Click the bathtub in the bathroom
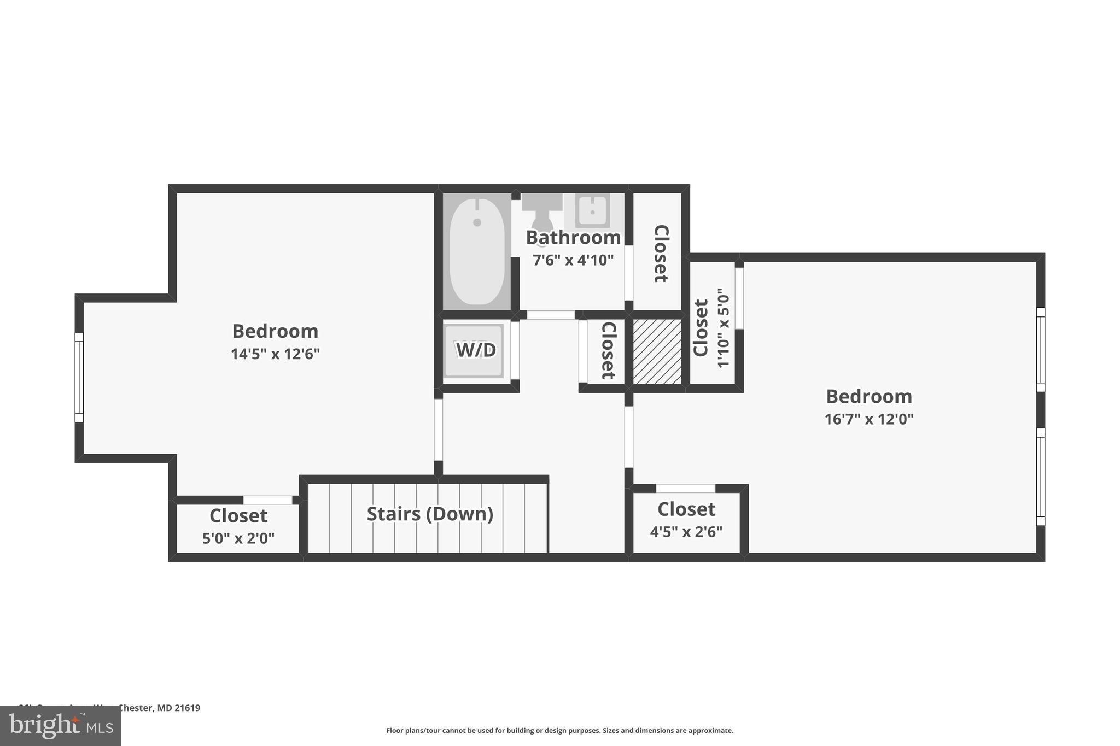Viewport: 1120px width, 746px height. coord(477,251)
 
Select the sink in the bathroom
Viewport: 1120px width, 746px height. coord(593,210)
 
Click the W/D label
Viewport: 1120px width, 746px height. coord(475,350)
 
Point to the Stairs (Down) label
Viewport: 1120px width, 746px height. coord(430,514)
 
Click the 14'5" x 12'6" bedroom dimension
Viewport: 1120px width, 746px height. coord(275,354)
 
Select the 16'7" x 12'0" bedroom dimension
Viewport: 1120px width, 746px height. coord(869,419)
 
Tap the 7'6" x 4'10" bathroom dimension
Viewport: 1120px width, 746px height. coord(573,260)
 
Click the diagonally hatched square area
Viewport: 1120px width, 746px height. coord(657,351)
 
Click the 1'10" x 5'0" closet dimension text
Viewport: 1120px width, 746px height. coord(723,328)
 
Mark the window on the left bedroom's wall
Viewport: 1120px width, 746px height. coord(79,377)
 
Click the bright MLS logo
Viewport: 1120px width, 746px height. coord(61,726)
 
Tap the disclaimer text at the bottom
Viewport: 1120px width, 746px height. coord(559,731)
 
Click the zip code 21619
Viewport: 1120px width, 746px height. coord(187,708)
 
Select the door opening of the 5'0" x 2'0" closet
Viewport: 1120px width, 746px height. coord(267,500)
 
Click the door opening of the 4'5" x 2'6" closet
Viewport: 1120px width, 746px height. coord(685,489)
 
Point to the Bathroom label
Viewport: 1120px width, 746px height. coord(573,238)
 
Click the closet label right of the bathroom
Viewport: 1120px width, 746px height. coord(661,253)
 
